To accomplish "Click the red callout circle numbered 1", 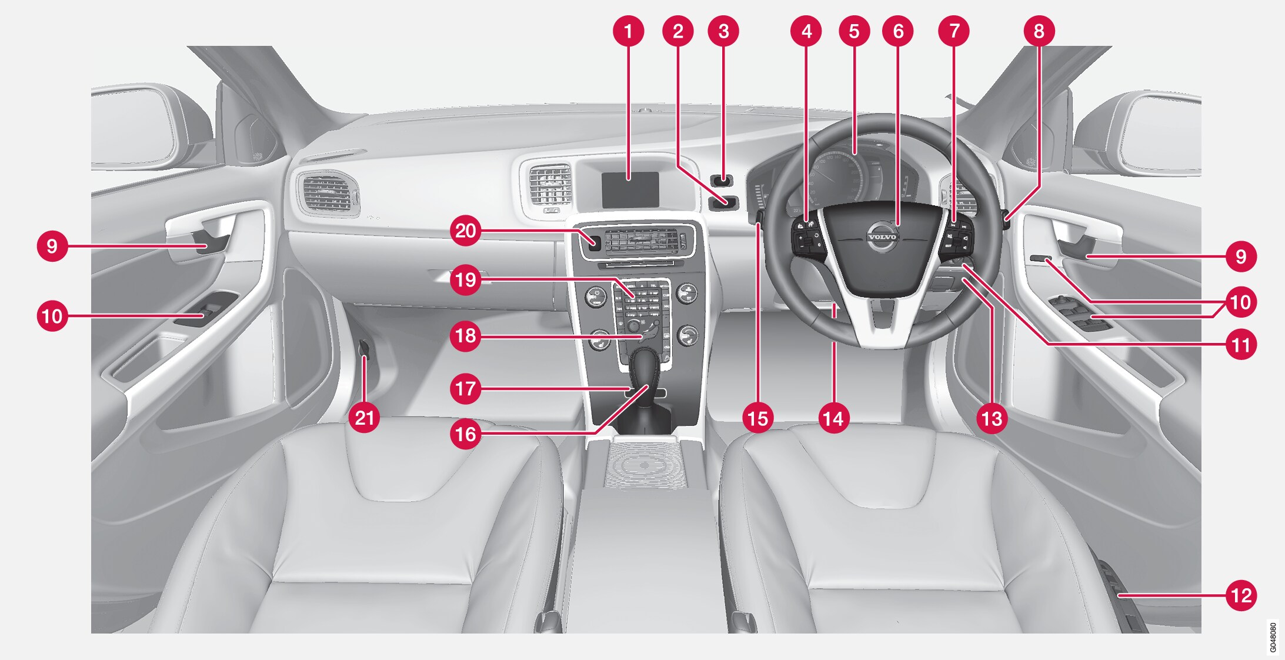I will coord(628,31).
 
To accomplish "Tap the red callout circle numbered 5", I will coord(853,31).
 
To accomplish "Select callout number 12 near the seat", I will coord(1241,595).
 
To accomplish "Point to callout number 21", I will coord(364,418).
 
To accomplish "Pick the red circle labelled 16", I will coord(465,434).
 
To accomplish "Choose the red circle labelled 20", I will coord(465,231).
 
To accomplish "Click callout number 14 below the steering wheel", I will coord(833,418).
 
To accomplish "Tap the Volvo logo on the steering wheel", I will coord(882,236).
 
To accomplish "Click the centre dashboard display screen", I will coord(630,189).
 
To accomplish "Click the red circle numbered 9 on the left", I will coord(52,246).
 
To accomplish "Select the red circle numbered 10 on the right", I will coord(1241,302).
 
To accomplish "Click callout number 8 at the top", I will coord(1039,31).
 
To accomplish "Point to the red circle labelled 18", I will coord(465,336).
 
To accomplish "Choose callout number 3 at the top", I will coord(723,31).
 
